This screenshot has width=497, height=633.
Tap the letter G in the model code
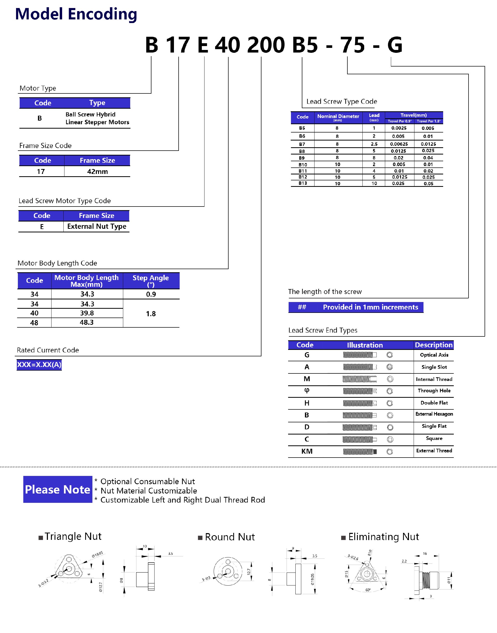(x=394, y=45)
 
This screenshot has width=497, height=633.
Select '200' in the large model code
(x=266, y=45)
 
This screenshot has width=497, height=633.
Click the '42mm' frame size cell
(x=98, y=172)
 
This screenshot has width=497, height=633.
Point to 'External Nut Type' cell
(x=97, y=226)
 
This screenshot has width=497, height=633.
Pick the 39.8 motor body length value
(x=87, y=313)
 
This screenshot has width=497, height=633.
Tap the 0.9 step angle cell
(x=151, y=294)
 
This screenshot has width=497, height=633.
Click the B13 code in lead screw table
(x=303, y=183)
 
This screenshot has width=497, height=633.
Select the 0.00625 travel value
(x=399, y=144)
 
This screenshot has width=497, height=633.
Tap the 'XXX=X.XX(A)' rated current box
(x=39, y=364)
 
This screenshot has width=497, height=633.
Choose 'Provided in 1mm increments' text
(x=370, y=307)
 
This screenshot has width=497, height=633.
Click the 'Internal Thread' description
(x=434, y=379)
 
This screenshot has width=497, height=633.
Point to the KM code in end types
(x=307, y=451)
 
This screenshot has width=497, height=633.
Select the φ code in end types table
(x=307, y=391)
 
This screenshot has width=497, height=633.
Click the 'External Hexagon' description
(x=434, y=414)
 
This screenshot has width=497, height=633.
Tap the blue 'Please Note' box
(x=58, y=489)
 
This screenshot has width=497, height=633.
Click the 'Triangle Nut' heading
(x=73, y=536)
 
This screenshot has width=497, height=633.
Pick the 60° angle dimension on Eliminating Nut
(x=368, y=590)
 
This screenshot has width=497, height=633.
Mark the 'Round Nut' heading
(x=230, y=537)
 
